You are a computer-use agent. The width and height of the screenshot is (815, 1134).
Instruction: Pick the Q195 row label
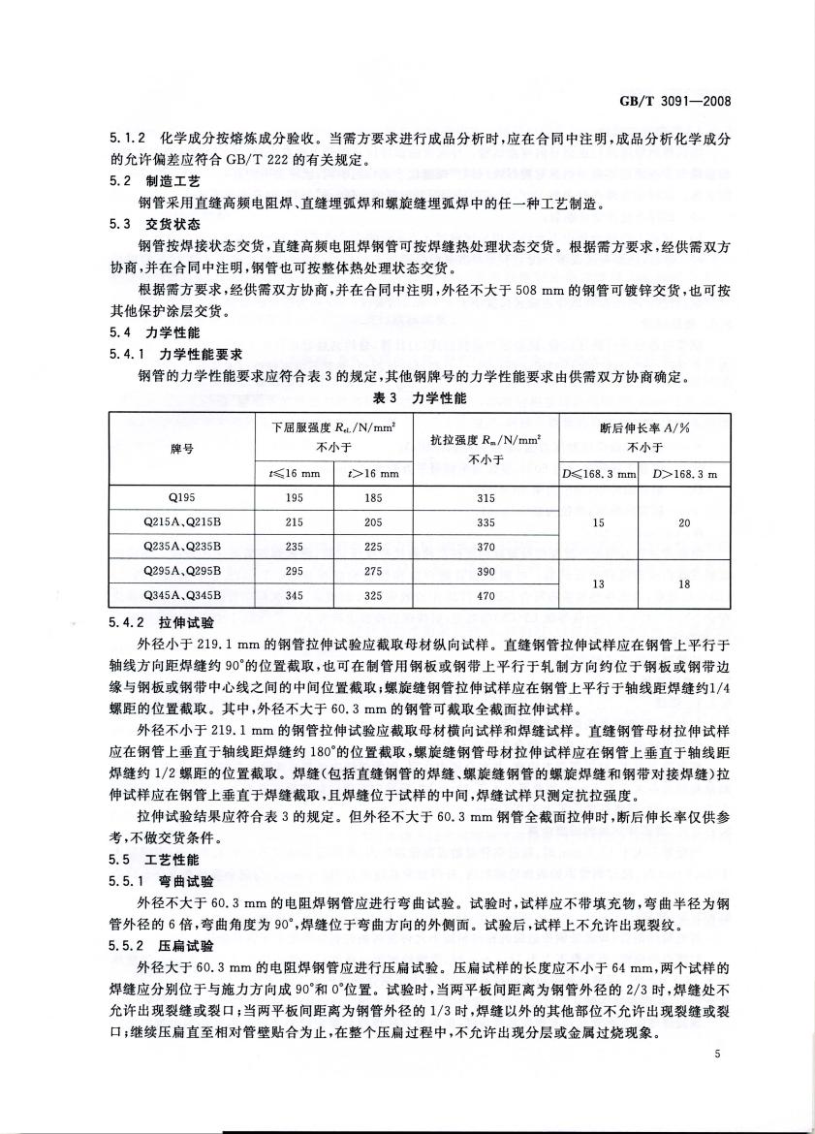181,498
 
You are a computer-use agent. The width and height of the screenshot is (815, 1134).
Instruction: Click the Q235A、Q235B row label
181,547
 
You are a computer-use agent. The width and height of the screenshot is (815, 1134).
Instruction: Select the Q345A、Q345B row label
181,596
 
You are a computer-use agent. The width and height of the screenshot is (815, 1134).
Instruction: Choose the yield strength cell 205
374,522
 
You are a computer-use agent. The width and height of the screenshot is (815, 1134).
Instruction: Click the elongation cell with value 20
684,522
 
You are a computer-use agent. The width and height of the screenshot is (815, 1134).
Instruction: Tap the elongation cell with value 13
598,583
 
